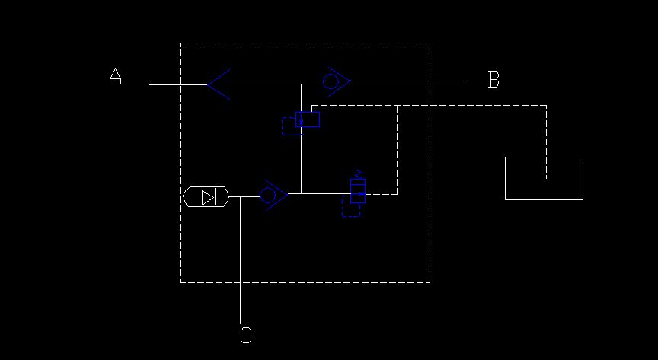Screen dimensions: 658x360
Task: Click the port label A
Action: (116, 77)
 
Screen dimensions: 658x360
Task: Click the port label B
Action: (494, 79)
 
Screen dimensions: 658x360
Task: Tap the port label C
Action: (246, 336)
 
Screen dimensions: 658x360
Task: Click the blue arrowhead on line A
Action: (219, 84)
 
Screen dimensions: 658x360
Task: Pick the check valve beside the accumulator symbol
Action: (274, 196)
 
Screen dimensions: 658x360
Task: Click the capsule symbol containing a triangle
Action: (206, 197)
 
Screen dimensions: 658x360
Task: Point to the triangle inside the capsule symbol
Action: (208, 197)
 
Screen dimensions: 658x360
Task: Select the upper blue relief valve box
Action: (308, 119)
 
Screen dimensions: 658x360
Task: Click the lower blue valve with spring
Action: (358, 191)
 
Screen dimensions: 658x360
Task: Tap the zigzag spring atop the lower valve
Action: (358, 174)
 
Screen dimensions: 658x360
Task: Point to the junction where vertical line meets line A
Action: (302, 84)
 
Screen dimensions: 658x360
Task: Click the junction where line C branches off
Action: (240, 196)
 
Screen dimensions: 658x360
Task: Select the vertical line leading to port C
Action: (240, 260)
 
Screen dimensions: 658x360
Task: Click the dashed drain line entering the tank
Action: (546, 142)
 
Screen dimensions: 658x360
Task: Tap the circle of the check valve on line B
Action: (331, 81)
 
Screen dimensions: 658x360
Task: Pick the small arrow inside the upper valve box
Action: (302, 119)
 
